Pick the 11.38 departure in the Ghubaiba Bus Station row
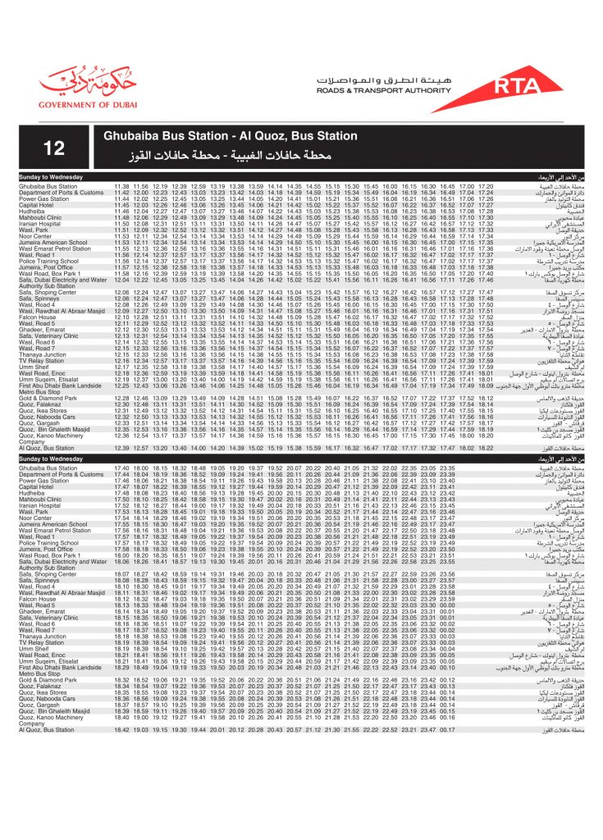[x=121, y=187]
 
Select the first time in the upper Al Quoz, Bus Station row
[x=121, y=448]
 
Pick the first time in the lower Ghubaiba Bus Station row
[x=121, y=468]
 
